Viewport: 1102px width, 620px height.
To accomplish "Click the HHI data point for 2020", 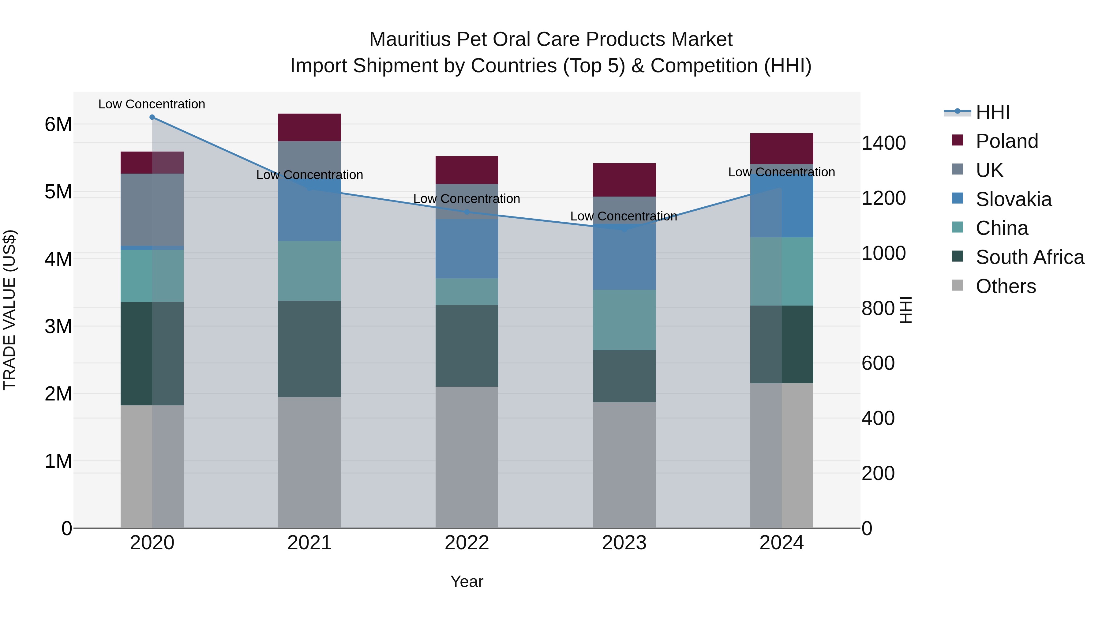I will [x=152, y=117].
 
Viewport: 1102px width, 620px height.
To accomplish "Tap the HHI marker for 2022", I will [x=467, y=212].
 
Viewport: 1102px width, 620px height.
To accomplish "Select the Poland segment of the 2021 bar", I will [x=309, y=127].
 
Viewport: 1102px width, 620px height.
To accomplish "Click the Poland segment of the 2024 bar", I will [x=782, y=148].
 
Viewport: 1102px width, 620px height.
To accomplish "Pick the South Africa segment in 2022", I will [x=467, y=346].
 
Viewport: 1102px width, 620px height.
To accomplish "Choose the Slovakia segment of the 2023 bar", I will [x=624, y=257].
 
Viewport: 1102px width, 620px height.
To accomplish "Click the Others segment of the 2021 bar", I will [x=309, y=462].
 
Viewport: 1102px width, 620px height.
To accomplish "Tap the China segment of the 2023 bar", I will [x=624, y=320].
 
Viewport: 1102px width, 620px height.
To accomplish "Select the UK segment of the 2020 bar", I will [x=152, y=210].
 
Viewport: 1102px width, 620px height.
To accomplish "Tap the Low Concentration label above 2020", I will [x=152, y=104].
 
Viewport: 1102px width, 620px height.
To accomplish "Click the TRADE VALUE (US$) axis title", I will [x=9, y=310].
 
